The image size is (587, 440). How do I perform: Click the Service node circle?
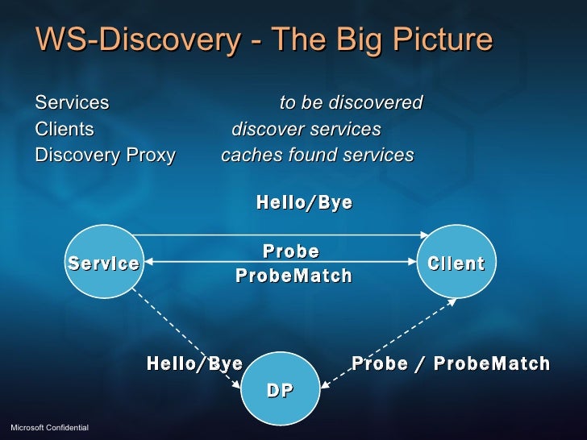coord(103,263)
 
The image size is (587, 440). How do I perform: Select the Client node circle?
coord(456,263)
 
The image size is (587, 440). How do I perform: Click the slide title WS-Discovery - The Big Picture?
coord(263,40)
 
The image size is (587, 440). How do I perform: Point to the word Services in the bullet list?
coord(72,103)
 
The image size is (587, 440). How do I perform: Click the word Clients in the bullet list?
coord(65,130)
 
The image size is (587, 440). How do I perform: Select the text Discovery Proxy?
coord(105,156)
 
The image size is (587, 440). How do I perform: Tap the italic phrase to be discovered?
coord(351,103)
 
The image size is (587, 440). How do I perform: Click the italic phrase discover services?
coord(306,130)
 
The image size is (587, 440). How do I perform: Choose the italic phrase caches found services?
coord(317,156)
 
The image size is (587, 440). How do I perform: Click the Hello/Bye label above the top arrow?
coord(304,202)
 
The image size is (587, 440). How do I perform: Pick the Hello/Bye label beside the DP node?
coord(194,363)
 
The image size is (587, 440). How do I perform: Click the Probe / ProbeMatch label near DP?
coord(451,363)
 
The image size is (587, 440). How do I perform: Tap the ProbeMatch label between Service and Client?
coord(293,276)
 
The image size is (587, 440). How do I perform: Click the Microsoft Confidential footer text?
coord(48,425)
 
